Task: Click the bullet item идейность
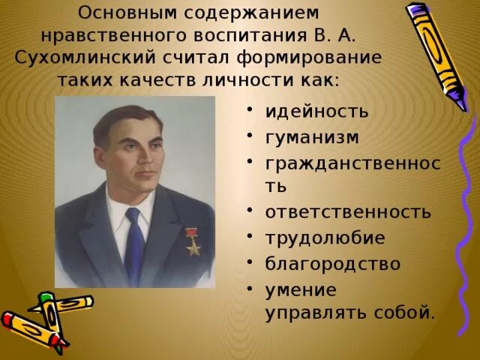tap(316, 112)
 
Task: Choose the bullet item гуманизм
tap(312, 138)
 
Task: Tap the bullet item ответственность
tap(348, 211)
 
